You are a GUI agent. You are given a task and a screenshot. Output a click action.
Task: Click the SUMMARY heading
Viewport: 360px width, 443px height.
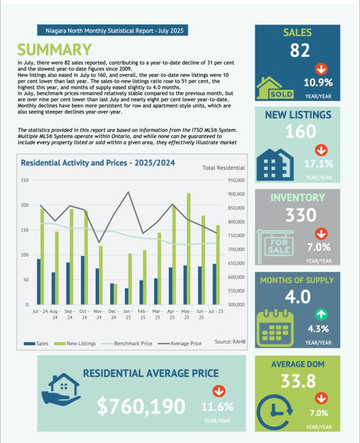click(x=53, y=50)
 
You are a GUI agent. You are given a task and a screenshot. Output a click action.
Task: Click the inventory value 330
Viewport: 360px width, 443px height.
click(x=297, y=215)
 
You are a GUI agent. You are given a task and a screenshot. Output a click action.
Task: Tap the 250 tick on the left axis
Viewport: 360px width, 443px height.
click(x=25, y=180)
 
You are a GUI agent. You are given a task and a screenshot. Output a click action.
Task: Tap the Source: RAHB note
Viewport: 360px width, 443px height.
click(x=230, y=341)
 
